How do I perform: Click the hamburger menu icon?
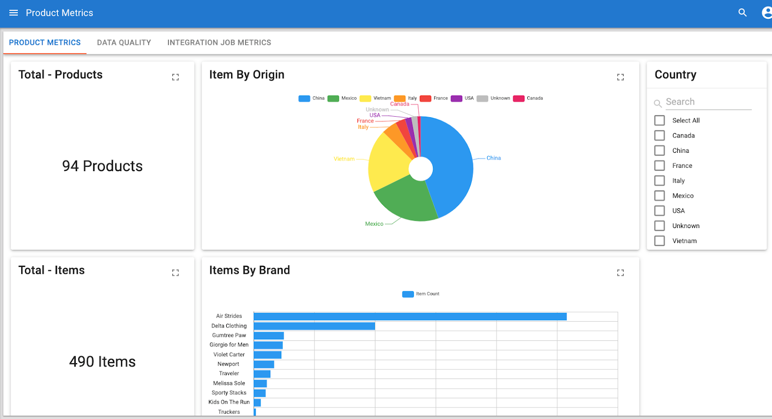(x=14, y=13)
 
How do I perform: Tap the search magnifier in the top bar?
(x=743, y=13)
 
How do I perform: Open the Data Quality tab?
(x=124, y=42)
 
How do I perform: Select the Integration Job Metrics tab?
(x=219, y=42)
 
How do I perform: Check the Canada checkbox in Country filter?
(x=660, y=135)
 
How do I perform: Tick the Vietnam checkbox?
(x=660, y=241)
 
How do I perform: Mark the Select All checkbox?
(x=660, y=121)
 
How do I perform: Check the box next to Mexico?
(x=660, y=196)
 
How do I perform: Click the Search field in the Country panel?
(x=707, y=102)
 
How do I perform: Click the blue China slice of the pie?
(x=451, y=164)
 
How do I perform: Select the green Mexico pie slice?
(x=405, y=200)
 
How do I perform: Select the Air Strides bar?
(x=410, y=317)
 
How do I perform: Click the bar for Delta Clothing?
(x=314, y=326)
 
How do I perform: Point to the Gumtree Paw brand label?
(x=229, y=336)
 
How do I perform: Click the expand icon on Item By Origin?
(x=620, y=77)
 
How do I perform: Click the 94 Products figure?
(x=102, y=166)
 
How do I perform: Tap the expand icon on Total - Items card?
(x=176, y=273)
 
